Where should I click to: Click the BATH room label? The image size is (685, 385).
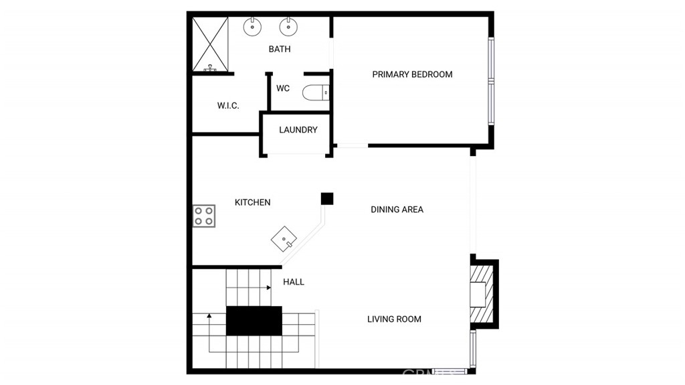coord(280,49)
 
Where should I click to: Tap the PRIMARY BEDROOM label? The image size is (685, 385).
coord(412,74)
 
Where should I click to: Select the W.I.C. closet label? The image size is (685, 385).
coord(228,105)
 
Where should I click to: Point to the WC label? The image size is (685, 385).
coord(283,88)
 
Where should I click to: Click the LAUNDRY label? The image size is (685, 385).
coord(298,130)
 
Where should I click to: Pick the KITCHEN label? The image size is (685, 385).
coord(252,202)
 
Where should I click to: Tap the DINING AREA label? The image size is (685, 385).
coord(397,210)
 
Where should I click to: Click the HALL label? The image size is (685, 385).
coord(294,282)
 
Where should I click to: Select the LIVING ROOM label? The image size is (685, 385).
coord(394,319)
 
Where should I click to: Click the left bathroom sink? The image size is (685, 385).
coord(252,27)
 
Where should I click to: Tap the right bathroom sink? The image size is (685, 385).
coord(288,27)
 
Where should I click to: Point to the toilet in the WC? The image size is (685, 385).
coord(316,92)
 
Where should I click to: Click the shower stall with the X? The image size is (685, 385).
coord(211,44)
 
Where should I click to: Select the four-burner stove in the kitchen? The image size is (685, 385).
coord(204,216)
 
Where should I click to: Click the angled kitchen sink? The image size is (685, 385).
coord(284,239)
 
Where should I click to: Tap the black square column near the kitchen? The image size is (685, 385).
coord(327,199)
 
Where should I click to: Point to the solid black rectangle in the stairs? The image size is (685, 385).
coord(254,321)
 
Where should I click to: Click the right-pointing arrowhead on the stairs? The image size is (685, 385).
coord(269,287)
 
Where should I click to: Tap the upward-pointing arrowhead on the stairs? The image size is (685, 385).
coord(209,315)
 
